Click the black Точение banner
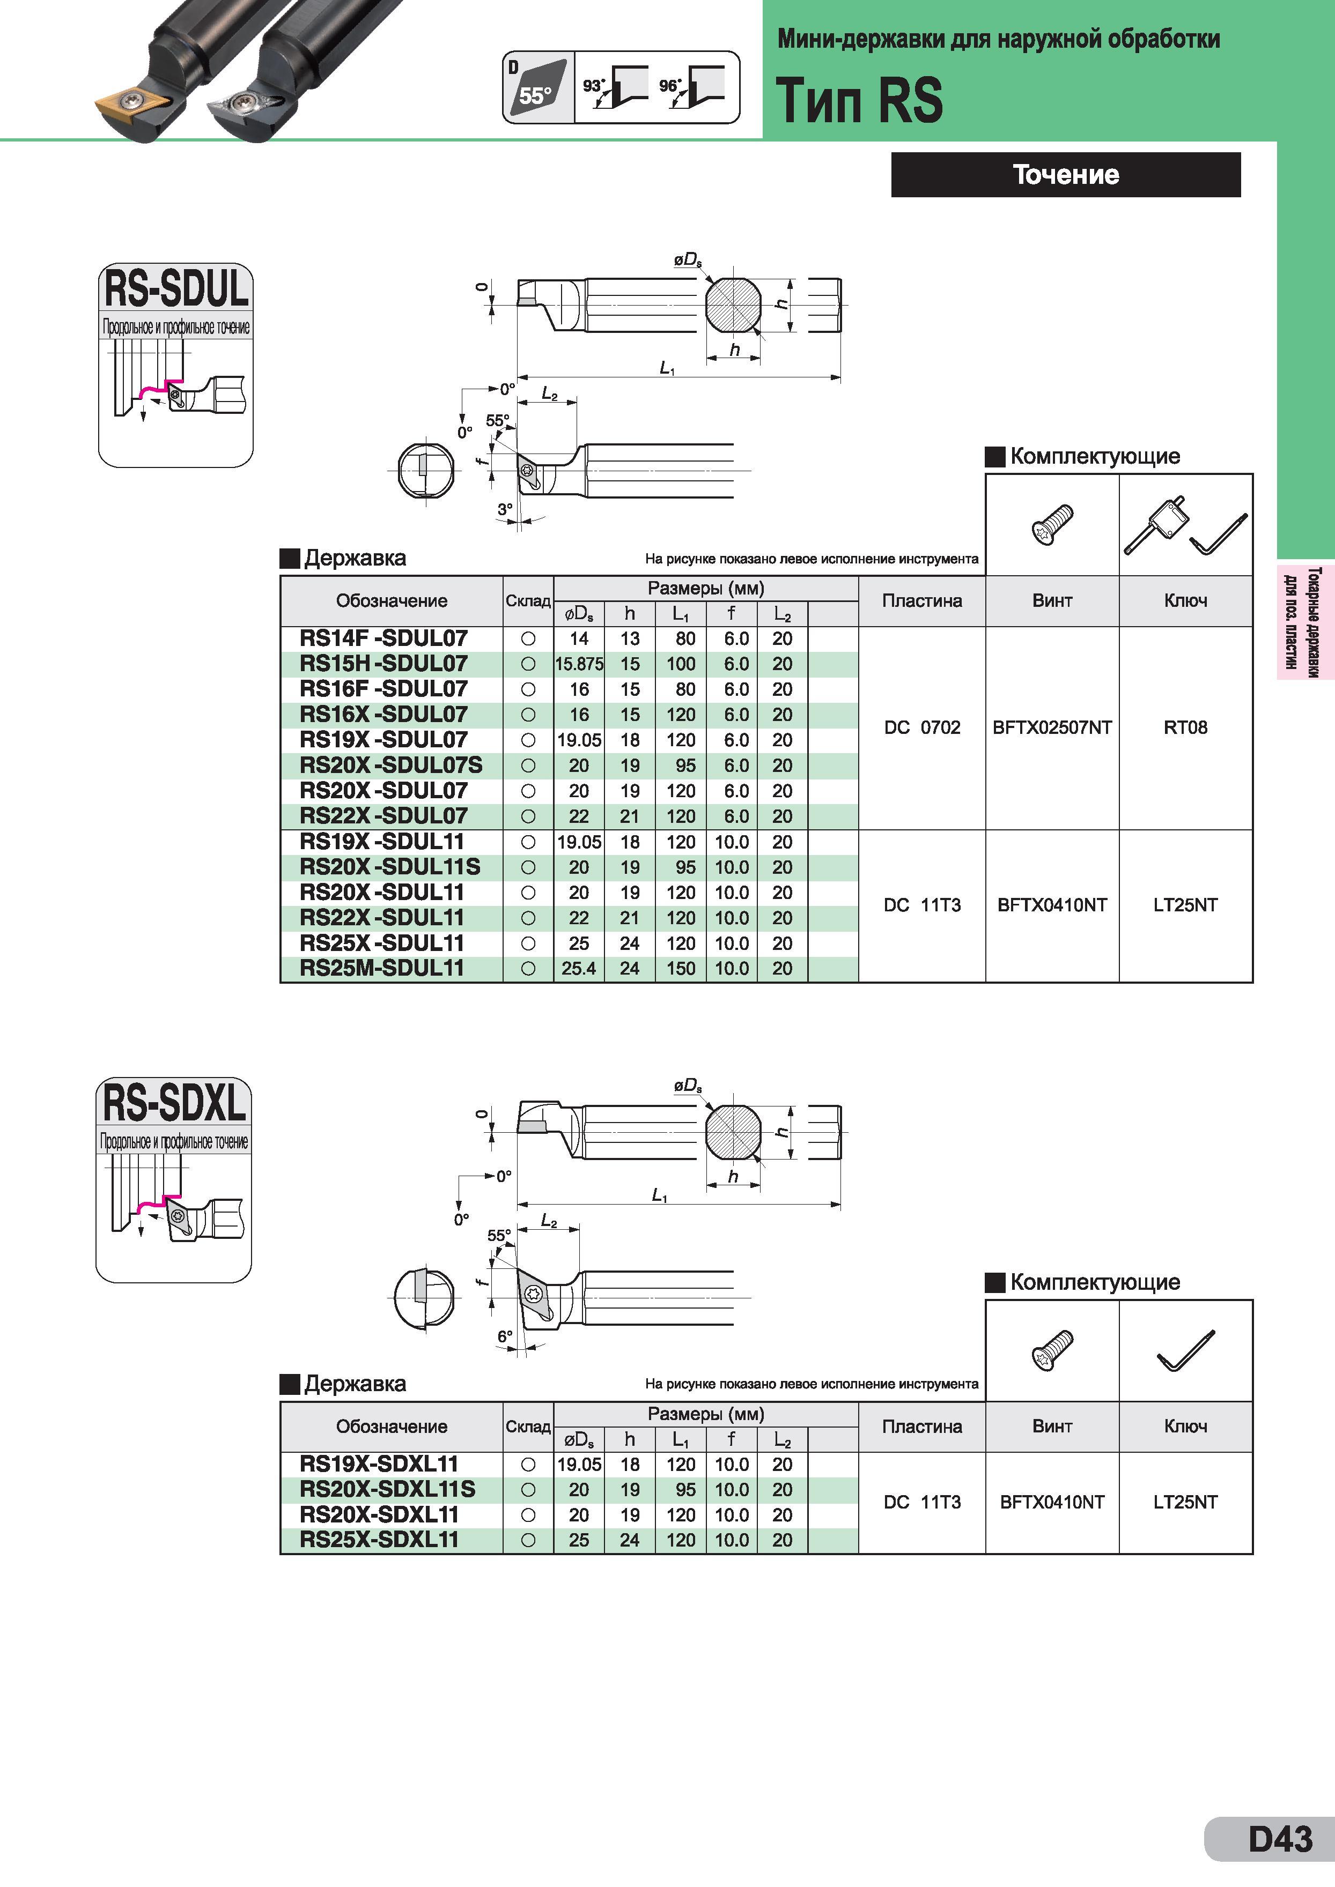1065,174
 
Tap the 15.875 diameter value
580,664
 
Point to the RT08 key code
1185,727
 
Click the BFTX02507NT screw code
1052,727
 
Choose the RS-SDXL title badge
174,1102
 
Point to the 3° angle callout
505,509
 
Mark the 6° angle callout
505,1336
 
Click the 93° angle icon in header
615,87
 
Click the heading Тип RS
859,100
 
